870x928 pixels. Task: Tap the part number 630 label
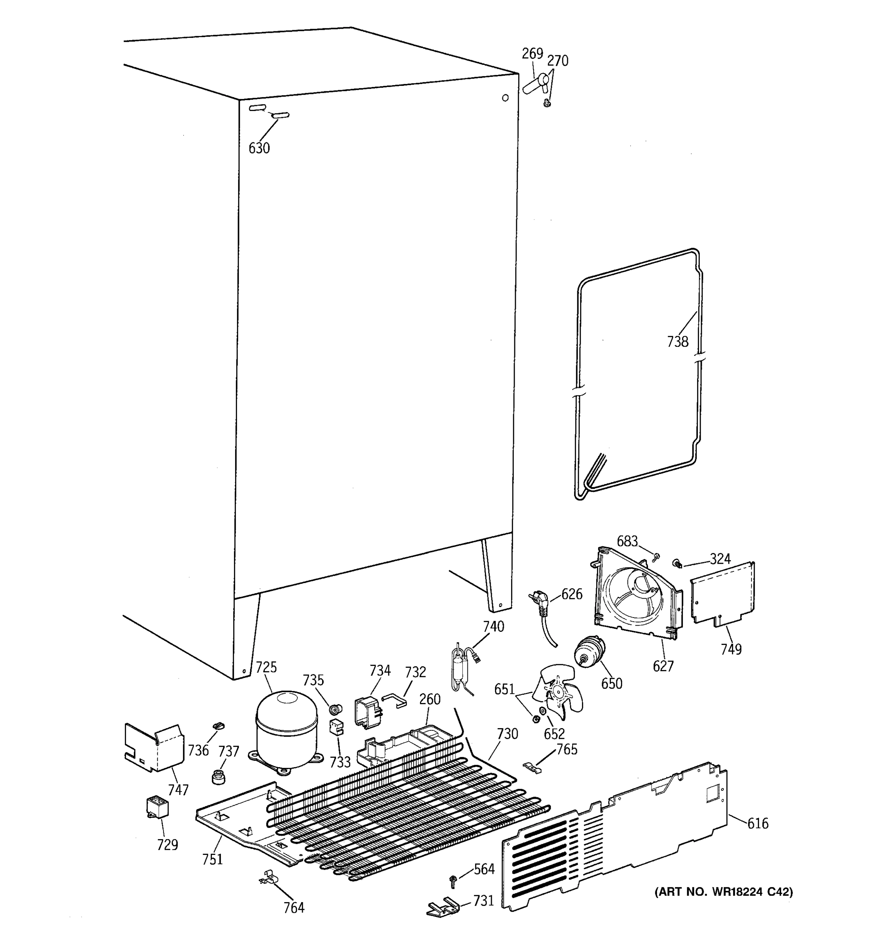point(259,148)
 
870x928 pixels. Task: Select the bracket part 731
point(442,907)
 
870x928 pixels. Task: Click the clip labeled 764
point(268,877)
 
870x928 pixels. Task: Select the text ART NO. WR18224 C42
point(724,892)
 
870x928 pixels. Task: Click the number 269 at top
point(532,54)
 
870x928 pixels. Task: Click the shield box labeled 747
point(153,747)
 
